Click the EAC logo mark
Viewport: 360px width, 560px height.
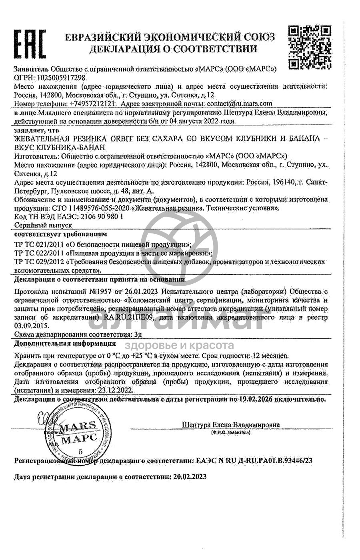30,44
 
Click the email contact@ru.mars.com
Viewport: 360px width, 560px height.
239,103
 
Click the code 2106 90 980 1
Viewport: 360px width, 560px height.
96,216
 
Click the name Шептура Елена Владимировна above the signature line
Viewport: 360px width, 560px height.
230,425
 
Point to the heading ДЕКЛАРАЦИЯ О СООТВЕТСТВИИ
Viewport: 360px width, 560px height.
173,49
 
